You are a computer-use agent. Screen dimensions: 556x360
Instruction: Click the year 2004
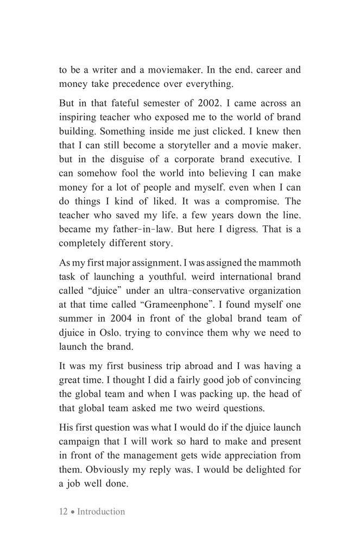pos(121,306)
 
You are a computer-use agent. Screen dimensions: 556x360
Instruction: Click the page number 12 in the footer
pos(64,511)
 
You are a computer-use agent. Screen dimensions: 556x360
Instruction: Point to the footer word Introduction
pos(101,511)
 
